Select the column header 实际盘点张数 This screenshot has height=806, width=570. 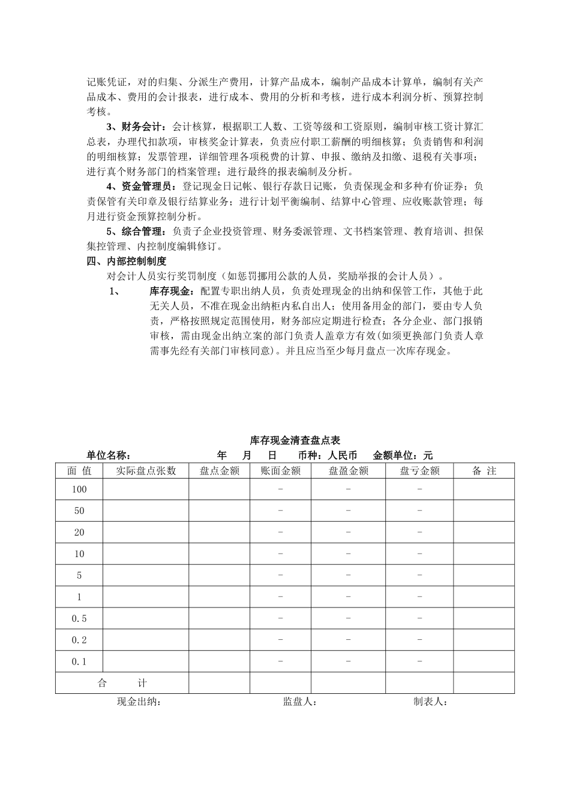pyautogui.click(x=146, y=471)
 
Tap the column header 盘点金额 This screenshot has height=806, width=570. pyautogui.click(x=219, y=471)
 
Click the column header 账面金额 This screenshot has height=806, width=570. pyautogui.click(x=280, y=471)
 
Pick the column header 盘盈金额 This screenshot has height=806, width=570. pyautogui.click(x=348, y=471)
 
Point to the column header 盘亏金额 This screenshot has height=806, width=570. pyautogui.click(x=419, y=471)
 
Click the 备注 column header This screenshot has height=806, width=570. pyautogui.click(x=484, y=471)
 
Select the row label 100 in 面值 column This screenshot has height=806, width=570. pyautogui.click(x=79, y=489)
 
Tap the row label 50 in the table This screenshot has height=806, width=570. pyautogui.click(x=79, y=511)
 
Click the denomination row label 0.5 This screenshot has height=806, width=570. pyautogui.click(x=79, y=619)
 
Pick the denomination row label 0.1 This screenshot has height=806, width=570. pyautogui.click(x=79, y=662)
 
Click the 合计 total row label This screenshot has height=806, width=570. pyautogui.click(x=122, y=683)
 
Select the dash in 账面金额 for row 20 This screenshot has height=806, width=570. pyautogui.click(x=280, y=532)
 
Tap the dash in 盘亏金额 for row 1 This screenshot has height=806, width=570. pyautogui.click(x=419, y=597)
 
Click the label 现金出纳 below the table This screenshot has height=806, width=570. pyautogui.click(x=139, y=702)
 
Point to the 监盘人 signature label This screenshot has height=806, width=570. pyautogui.click(x=300, y=702)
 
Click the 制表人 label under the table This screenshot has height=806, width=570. pyautogui.click(x=430, y=702)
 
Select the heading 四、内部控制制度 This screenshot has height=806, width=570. pyautogui.click(x=127, y=261)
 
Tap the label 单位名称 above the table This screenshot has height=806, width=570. pyautogui.click(x=109, y=456)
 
